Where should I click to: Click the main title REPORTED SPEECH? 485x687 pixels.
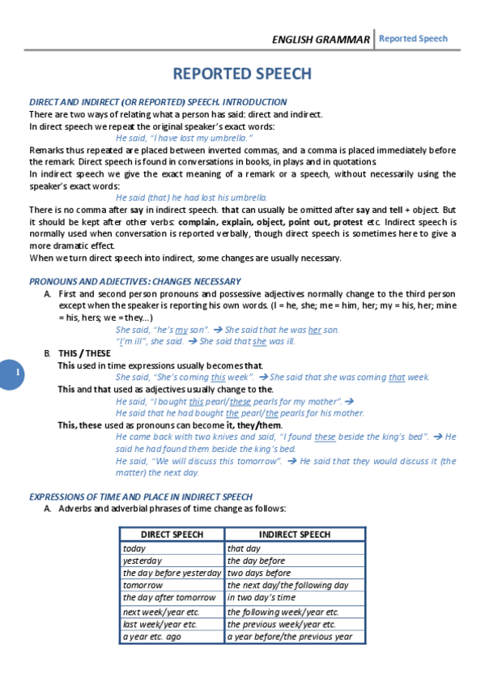click(x=242, y=74)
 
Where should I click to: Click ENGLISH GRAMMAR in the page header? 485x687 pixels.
click(x=321, y=39)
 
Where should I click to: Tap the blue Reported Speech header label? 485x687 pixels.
click(x=413, y=38)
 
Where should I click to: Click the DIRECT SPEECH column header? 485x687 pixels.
click(x=172, y=535)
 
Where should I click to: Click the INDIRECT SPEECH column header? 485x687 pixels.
click(x=295, y=535)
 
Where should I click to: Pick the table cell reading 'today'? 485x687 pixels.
click(x=135, y=548)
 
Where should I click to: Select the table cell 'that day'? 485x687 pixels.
click(x=244, y=548)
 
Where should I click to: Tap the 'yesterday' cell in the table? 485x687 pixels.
click(x=143, y=561)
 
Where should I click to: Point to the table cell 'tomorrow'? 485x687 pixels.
click(x=143, y=585)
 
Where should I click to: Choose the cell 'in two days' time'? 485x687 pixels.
click(x=262, y=597)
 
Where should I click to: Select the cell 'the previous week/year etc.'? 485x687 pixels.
click(x=282, y=625)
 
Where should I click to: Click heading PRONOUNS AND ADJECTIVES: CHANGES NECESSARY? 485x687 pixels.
click(x=135, y=281)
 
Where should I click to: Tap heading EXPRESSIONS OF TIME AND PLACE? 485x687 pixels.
click(x=140, y=497)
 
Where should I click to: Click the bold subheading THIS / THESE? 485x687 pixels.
click(x=84, y=353)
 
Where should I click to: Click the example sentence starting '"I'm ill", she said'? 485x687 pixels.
click(x=206, y=341)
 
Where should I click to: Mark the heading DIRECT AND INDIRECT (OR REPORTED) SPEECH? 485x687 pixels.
click(x=158, y=102)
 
